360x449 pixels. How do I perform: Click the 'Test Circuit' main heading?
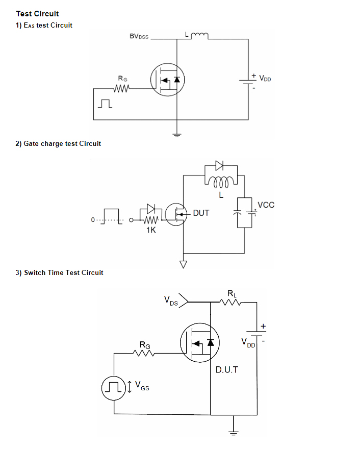click(37, 14)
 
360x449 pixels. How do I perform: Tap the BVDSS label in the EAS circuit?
click(139, 36)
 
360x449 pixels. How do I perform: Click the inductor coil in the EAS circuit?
click(199, 36)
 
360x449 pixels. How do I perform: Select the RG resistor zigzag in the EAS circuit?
click(122, 88)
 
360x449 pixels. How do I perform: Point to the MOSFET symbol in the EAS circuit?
click(167, 80)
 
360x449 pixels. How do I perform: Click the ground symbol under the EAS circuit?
click(177, 135)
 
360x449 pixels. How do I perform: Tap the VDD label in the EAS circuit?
click(265, 78)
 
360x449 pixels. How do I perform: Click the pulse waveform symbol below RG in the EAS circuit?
click(105, 104)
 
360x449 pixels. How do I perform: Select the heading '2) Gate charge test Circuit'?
click(58, 143)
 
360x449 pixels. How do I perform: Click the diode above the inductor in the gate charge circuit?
click(219, 165)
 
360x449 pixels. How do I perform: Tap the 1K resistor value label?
click(151, 230)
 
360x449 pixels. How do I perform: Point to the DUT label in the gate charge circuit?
click(201, 213)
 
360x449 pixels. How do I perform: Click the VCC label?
click(266, 205)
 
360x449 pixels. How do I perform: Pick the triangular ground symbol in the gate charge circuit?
click(184, 264)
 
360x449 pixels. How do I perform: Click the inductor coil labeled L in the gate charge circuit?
click(221, 182)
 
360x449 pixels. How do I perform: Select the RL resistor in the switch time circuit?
click(230, 302)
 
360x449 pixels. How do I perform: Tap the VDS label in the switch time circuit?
click(171, 301)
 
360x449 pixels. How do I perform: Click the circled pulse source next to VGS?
click(114, 388)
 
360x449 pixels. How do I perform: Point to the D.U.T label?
click(226, 370)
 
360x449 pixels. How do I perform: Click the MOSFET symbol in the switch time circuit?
click(200, 343)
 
